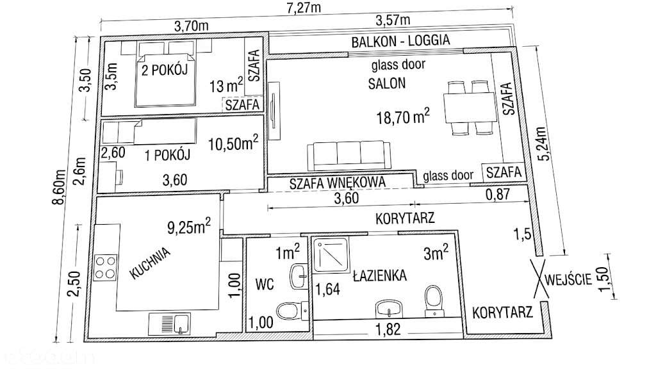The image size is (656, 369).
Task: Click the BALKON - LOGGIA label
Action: [400, 41]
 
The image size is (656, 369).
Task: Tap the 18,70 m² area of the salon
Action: [403, 117]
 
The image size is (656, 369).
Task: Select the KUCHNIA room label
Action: [151, 263]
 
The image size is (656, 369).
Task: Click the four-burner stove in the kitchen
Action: [105, 268]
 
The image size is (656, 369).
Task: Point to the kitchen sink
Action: [170, 324]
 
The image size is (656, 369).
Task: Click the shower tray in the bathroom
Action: [331, 255]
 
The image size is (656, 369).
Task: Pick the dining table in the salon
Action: [470, 108]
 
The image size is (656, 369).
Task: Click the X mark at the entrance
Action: [539, 279]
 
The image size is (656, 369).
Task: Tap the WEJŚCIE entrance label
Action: [569, 279]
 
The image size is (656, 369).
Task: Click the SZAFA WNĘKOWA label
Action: [337, 183]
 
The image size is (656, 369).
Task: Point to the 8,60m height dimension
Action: [58, 187]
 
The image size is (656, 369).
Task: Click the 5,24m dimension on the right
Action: [540, 143]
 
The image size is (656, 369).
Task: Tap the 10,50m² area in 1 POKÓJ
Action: [233, 143]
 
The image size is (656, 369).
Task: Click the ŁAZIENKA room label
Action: [380, 275]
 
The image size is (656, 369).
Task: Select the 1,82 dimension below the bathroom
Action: [388, 330]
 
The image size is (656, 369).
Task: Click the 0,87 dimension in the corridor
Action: [498, 194]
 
